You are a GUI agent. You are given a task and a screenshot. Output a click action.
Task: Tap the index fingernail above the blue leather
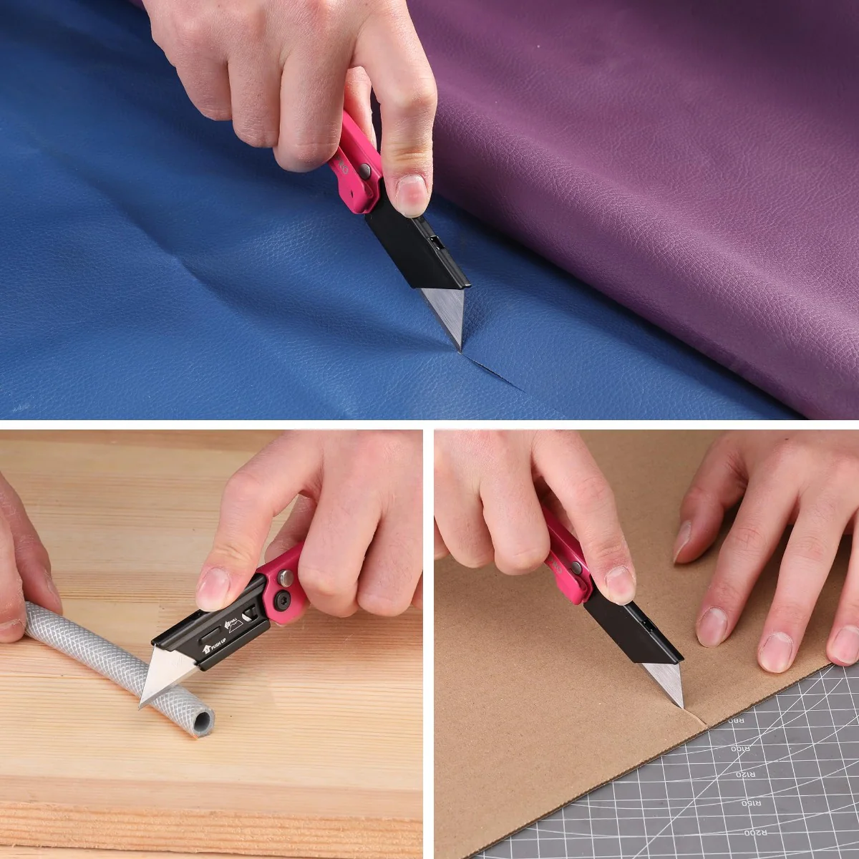point(411,194)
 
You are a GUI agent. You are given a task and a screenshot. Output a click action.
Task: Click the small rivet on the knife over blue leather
point(365,170)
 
